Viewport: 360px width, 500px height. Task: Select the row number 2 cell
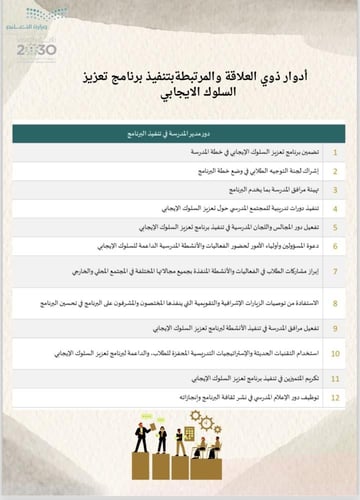[x=335, y=172]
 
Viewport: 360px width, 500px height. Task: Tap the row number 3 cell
[x=335, y=187]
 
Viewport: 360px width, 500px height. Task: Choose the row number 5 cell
[x=335, y=227]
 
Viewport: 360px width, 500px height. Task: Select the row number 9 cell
[x=335, y=327]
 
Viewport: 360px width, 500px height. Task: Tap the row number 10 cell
[x=335, y=353]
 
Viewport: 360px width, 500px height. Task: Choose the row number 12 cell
[x=335, y=396]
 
